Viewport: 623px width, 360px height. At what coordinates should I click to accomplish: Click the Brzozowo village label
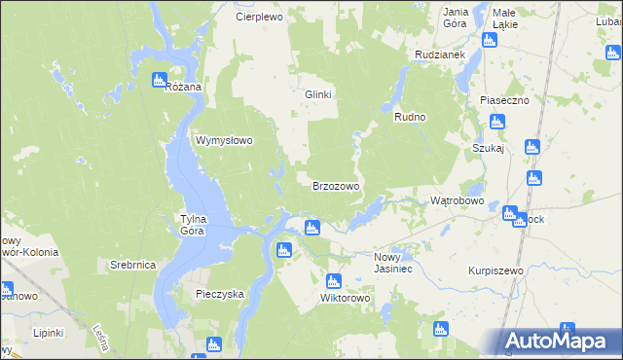pyautogui.click(x=336, y=185)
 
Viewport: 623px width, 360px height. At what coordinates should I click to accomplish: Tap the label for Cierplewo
pyautogui.click(x=259, y=17)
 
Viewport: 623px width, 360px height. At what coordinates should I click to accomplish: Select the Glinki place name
pyautogui.click(x=318, y=94)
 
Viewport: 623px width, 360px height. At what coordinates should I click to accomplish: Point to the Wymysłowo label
pyautogui.click(x=225, y=140)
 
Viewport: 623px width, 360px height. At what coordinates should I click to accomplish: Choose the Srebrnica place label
pyautogui.click(x=133, y=265)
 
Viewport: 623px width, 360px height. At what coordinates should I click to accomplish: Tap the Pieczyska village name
pyautogui.click(x=219, y=293)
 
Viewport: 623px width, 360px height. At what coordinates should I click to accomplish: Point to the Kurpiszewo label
pyautogui.click(x=495, y=270)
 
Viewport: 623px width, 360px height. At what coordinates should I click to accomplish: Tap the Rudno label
pyautogui.click(x=411, y=117)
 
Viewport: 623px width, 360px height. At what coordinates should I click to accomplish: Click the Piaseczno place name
pyautogui.click(x=503, y=100)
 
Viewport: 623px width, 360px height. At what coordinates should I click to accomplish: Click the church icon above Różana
pyautogui.click(x=160, y=80)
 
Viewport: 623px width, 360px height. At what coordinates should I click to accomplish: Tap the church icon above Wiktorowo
pyautogui.click(x=334, y=280)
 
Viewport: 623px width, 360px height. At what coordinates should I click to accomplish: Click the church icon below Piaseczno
pyautogui.click(x=497, y=122)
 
